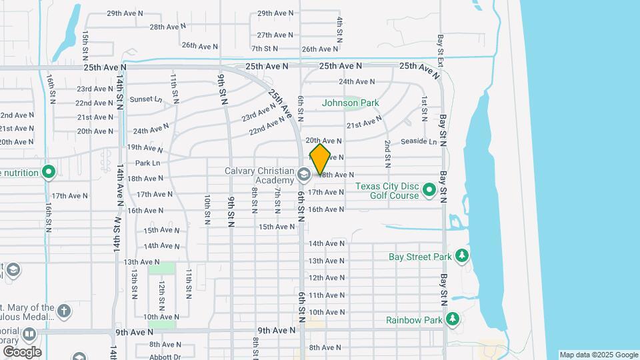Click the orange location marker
[321, 160]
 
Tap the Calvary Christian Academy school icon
[303, 175]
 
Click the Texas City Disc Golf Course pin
[430, 191]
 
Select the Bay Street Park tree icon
[461, 256]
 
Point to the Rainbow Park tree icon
[452, 320]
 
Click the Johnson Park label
[350, 103]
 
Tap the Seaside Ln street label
[419, 142]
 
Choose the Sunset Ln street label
[145, 99]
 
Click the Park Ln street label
[147, 163]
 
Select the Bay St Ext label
[441, 51]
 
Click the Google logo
[21, 351]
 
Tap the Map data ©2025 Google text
[598, 355]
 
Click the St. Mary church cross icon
[63, 311]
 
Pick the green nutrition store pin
[48, 173]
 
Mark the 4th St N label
[340, 31]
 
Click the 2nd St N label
[387, 154]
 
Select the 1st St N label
[424, 109]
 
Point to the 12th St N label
[162, 293]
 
